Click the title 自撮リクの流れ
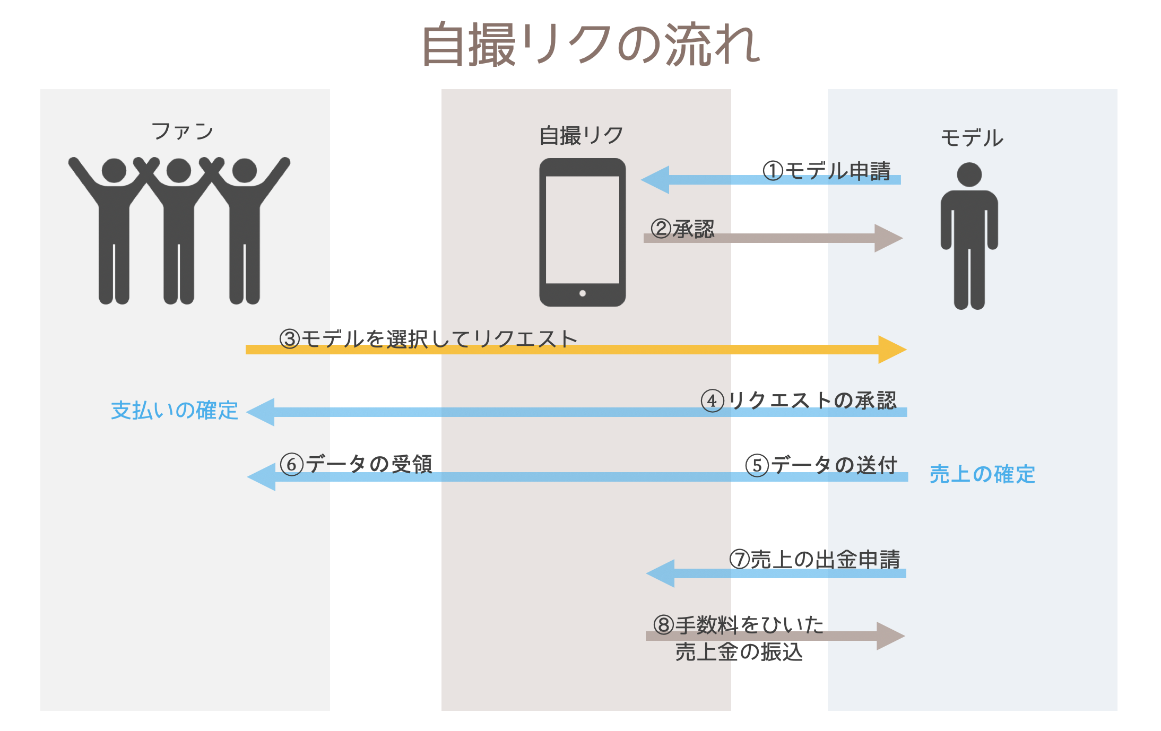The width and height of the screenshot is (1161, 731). point(591,45)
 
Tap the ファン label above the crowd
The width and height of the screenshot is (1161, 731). point(182,131)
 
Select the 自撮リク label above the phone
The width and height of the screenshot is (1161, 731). point(581,136)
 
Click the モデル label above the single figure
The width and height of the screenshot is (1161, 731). point(972,138)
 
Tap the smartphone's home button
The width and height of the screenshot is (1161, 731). point(582,293)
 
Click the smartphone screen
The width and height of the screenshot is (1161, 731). point(582,229)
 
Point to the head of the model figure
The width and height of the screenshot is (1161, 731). point(969,175)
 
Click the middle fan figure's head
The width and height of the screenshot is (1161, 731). point(179,171)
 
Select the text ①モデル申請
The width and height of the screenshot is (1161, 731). point(826,171)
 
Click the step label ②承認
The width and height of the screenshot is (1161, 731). point(682,229)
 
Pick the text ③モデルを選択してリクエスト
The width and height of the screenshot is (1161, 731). point(428,338)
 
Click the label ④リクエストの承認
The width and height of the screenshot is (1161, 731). point(798,401)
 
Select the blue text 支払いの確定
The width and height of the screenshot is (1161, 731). point(175,411)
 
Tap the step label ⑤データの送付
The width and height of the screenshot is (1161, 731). point(821,465)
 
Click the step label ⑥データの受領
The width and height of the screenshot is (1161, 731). point(356,464)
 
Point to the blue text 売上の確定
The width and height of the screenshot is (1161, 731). point(982,474)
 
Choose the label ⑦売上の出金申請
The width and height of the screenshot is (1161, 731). point(815,560)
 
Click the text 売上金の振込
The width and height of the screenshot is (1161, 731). point(739,652)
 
